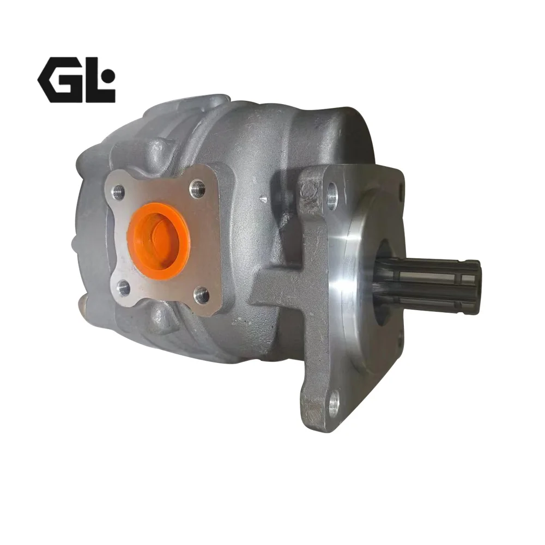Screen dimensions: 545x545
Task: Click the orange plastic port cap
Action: (x=158, y=241)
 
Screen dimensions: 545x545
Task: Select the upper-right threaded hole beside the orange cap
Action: (x=197, y=189)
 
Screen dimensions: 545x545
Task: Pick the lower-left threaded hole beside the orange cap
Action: (x=123, y=288)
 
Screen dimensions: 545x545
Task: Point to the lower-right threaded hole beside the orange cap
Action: (x=202, y=295)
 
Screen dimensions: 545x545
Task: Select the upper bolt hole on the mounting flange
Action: (x=332, y=196)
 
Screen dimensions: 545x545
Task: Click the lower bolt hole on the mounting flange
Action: (x=334, y=404)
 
